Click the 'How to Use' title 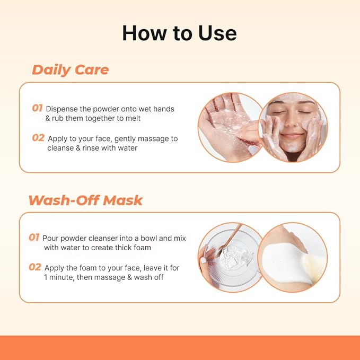[x=179, y=33]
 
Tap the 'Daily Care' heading [x=71, y=69]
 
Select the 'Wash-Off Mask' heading [x=85, y=200]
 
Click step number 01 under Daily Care [x=37, y=108]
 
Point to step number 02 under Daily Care [x=38, y=138]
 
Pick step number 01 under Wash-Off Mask [x=34, y=237]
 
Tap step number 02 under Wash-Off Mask [x=35, y=267]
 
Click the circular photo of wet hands [x=231, y=127]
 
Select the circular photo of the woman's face [x=293, y=127]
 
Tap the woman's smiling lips [x=292, y=136]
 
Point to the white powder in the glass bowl [x=230, y=257]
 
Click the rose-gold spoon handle [x=232, y=236]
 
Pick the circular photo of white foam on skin [x=293, y=257]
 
